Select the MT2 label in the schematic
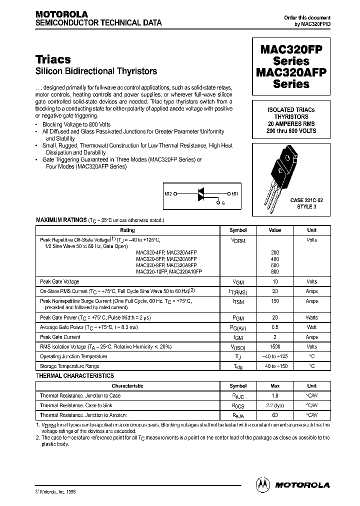(x=168, y=192)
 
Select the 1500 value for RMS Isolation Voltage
(x=274, y=346)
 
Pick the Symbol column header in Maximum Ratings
(x=238, y=230)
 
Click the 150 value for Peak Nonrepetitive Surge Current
(x=274, y=301)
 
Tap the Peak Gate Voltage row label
(x=59, y=281)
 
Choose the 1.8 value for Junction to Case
(x=274, y=395)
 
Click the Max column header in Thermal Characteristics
(x=274, y=386)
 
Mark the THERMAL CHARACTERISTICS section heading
(x=75, y=375)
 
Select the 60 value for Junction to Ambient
(x=274, y=415)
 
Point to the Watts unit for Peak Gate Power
(x=311, y=317)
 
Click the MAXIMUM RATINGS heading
(x=61, y=220)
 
